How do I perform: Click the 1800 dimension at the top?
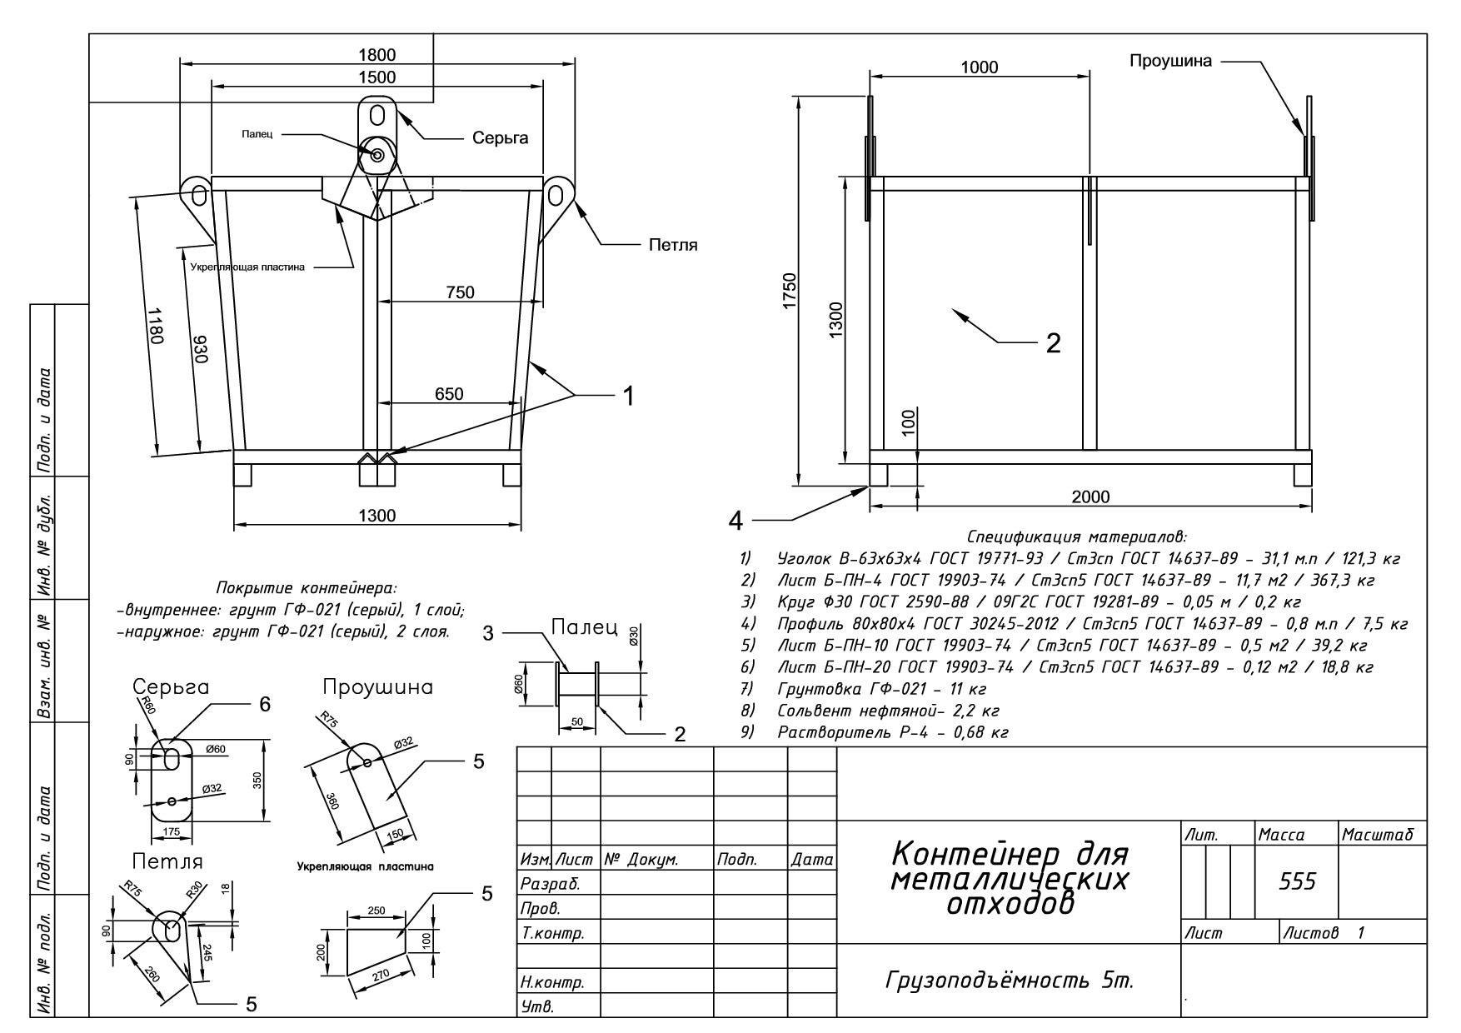click(376, 55)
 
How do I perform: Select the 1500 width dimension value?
click(376, 77)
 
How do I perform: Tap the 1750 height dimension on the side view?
click(790, 290)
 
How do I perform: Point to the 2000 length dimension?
click(1090, 497)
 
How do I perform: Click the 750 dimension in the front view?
click(460, 292)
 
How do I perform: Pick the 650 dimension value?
click(449, 394)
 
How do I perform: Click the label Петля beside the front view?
click(673, 245)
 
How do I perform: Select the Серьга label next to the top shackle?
click(500, 138)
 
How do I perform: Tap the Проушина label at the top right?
click(1170, 62)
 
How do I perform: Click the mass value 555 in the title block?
click(1298, 881)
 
